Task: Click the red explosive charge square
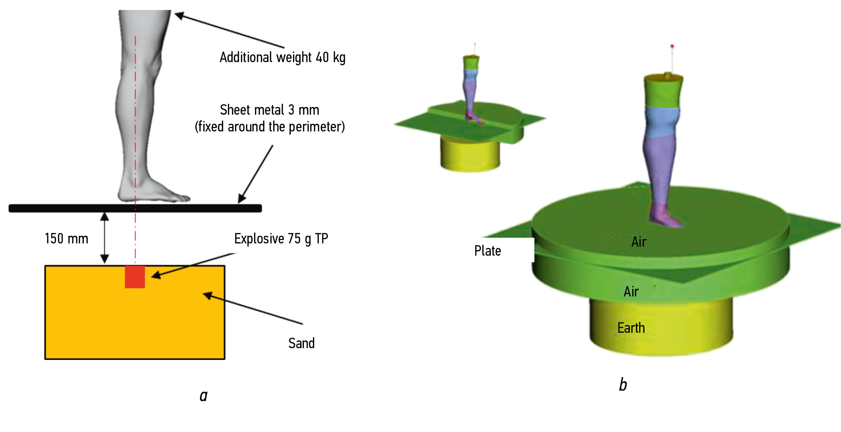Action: (135, 277)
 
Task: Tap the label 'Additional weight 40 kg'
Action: (282, 58)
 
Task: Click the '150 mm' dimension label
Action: (66, 238)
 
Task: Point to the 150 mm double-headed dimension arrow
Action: (105, 238)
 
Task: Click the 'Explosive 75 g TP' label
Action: (281, 238)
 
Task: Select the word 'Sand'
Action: (301, 343)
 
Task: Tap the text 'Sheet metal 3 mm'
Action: (269, 110)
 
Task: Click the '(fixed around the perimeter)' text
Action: (269, 126)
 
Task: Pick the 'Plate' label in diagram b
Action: (487, 251)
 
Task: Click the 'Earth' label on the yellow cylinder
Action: (631, 328)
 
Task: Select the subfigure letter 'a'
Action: (203, 396)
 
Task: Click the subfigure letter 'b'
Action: (623, 384)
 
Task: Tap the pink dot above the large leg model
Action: (672, 46)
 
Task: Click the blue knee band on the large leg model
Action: (662, 122)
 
